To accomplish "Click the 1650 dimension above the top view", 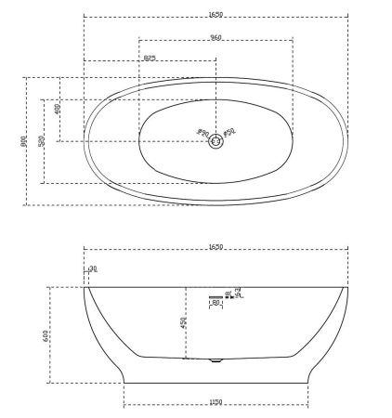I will (x=215, y=13).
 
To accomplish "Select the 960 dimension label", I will (x=215, y=37).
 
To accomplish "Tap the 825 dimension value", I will (x=149, y=59).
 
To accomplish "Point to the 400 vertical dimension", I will (x=58, y=109).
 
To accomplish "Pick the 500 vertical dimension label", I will (x=42, y=140).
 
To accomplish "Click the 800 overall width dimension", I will (x=23, y=141).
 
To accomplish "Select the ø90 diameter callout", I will (x=203, y=133).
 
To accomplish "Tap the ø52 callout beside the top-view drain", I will (x=229, y=134).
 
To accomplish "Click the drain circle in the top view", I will (x=216, y=141).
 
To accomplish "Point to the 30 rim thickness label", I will (x=92, y=269).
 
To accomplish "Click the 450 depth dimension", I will (x=183, y=321).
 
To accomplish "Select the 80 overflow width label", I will (x=216, y=303).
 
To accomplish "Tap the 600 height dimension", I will (x=46, y=334).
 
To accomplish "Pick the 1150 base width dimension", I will (x=216, y=402).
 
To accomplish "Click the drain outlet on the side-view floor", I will (x=216, y=360).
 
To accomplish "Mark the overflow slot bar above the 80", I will (x=216, y=296).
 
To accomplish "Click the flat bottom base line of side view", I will (x=216, y=382).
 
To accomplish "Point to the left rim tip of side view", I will (x=85, y=287).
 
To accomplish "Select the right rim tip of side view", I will (x=347, y=287).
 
